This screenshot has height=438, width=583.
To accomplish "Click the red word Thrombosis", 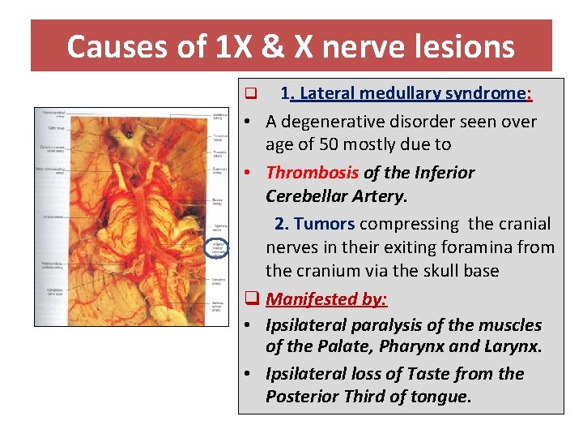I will (x=312, y=173).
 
